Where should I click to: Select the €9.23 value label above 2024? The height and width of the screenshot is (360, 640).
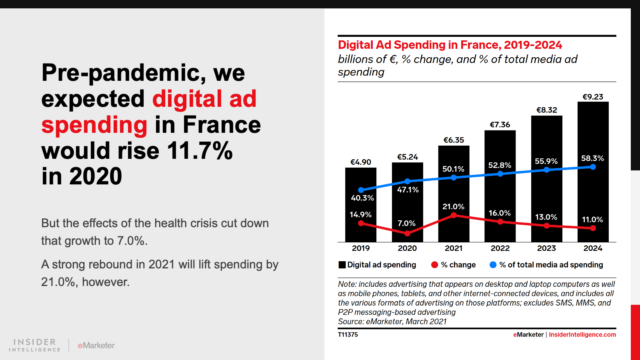(x=593, y=97)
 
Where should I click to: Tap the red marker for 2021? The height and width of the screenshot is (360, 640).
(x=454, y=215)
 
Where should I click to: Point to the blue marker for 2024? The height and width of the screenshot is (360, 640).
(x=593, y=167)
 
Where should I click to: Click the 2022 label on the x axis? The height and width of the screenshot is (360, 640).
(x=500, y=248)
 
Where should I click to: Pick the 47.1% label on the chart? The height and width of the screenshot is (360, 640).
(x=408, y=190)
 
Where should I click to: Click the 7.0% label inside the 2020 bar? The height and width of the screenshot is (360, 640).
(x=406, y=223)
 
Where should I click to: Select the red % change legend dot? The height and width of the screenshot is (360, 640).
(x=435, y=265)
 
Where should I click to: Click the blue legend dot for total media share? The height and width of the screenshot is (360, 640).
(x=493, y=265)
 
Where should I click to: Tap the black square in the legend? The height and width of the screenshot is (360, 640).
(x=342, y=265)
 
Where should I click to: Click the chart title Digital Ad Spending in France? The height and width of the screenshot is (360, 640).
(x=450, y=45)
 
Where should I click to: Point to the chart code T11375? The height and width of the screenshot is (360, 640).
(x=348, y=334)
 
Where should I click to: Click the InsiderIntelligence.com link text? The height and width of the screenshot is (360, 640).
(x=582, y=334)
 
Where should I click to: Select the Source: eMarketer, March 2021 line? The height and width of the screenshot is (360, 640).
(x=392, y=322)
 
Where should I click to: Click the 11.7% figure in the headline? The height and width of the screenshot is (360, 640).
(x=200, y=151)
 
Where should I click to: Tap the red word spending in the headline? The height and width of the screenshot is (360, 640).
(x=94, y=125)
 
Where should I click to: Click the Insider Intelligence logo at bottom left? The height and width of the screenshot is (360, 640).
(x=35, y=345)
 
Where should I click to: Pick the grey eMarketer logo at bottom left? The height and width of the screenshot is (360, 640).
(x=96, y=345)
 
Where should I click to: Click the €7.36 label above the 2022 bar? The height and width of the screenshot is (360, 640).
(x=500, y=125)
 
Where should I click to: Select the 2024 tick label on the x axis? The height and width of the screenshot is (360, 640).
(x=593, y=248)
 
